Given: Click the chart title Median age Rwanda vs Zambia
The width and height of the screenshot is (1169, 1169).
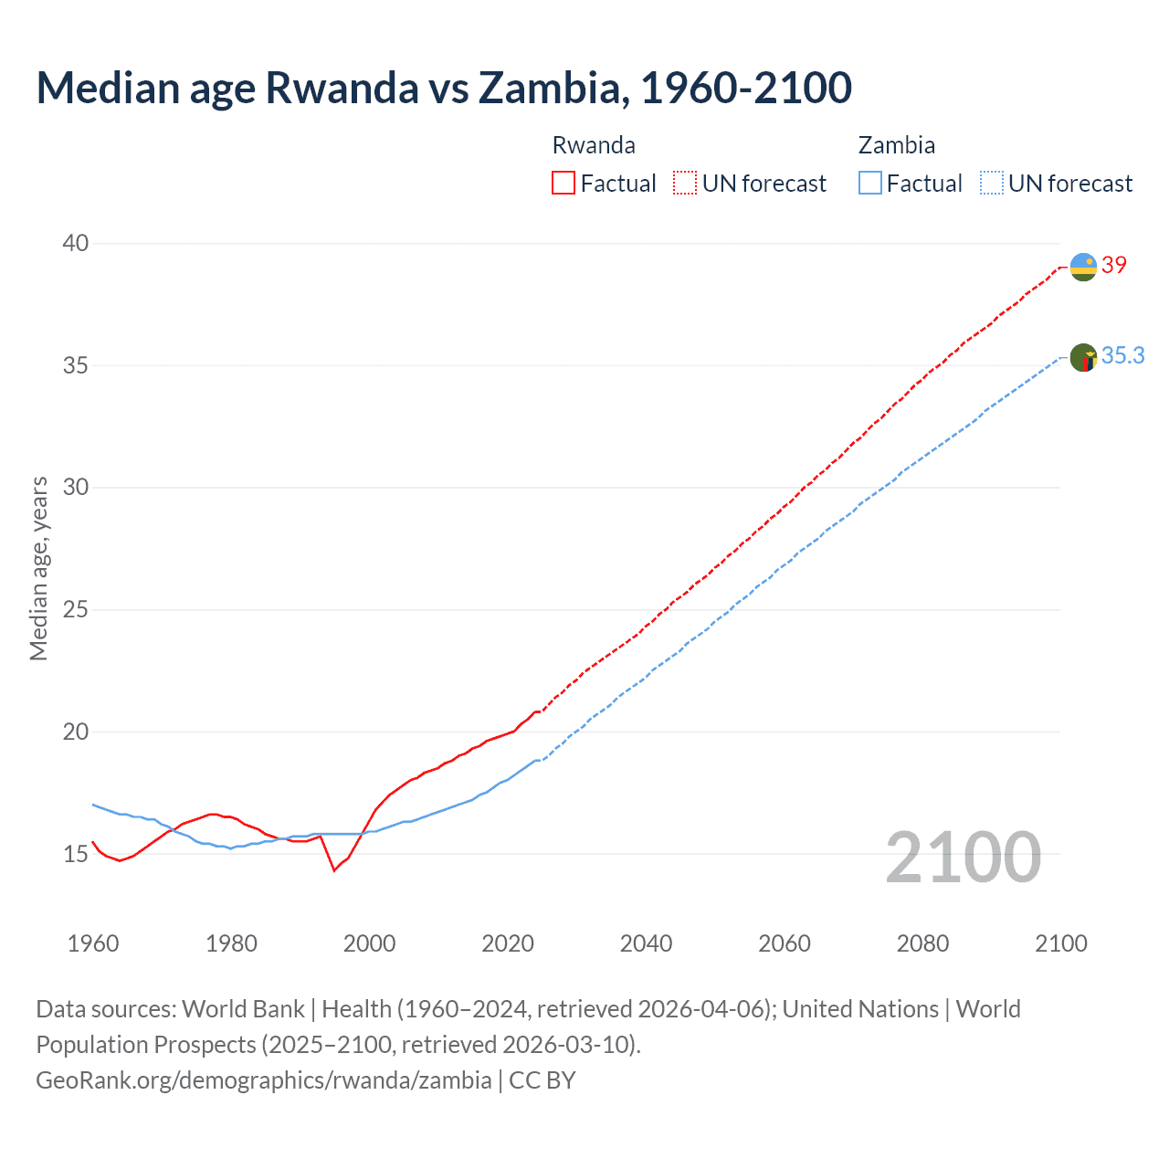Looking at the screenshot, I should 444,88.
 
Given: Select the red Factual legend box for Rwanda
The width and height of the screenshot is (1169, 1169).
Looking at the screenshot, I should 563,183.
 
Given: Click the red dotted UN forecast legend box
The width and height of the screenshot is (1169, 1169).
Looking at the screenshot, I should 685,183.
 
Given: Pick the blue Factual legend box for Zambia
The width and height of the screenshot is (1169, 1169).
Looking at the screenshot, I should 870,183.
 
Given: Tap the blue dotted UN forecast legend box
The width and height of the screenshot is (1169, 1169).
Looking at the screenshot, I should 992,183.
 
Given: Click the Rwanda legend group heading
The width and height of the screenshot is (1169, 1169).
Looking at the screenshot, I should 594,145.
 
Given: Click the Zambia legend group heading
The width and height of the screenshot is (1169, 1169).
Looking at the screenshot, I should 896,145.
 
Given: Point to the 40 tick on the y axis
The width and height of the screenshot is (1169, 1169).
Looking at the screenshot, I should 76,243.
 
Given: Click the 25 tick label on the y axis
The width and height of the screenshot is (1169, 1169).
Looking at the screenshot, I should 76,609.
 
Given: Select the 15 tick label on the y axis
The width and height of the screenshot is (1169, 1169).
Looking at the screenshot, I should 76,854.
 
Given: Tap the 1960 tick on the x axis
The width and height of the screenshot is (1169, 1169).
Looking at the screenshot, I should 93,943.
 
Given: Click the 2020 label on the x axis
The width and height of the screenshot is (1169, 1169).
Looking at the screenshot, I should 508,943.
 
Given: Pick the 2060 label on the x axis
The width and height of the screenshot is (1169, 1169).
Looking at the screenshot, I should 785,943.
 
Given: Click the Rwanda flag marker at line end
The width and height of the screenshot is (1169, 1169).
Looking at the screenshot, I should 1083,267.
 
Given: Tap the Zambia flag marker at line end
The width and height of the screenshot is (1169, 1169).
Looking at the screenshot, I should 1083,357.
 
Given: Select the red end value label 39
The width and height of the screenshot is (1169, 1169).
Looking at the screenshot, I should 1114,265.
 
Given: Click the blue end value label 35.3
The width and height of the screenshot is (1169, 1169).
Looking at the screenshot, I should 1122,355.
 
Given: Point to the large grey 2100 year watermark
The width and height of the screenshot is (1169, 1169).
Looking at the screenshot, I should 964,858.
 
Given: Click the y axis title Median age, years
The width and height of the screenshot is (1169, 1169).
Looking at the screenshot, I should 38,568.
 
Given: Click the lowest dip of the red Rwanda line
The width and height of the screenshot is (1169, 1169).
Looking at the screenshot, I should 334,870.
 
